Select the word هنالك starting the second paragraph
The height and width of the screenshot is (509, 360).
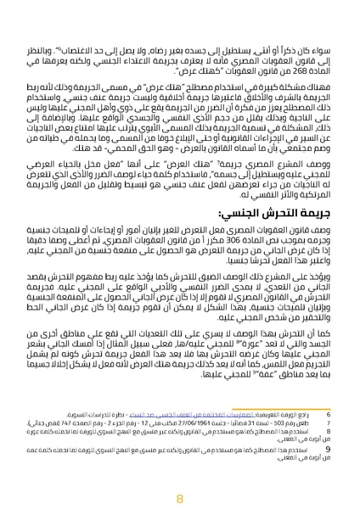tap(305, 78)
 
